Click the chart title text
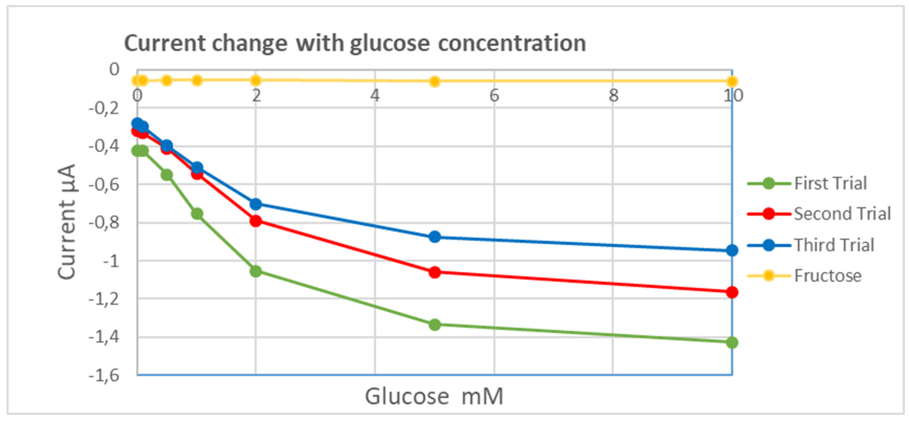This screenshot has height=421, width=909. click(355, 43)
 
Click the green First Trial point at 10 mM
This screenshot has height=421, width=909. click(732, 342)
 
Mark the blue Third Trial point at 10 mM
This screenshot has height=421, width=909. click(732, 250)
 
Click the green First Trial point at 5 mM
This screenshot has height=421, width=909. click(435, 324)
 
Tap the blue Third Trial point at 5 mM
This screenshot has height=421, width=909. click(435, 236)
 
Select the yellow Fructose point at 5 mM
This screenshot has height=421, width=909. click(435, 81)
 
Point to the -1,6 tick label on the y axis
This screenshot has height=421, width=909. click(104, 375)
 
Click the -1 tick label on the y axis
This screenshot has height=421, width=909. click(111, 261)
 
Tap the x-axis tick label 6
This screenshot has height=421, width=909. click(494, 96)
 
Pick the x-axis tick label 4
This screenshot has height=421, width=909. click(375, 96)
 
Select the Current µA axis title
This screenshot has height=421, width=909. click(67, 222)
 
